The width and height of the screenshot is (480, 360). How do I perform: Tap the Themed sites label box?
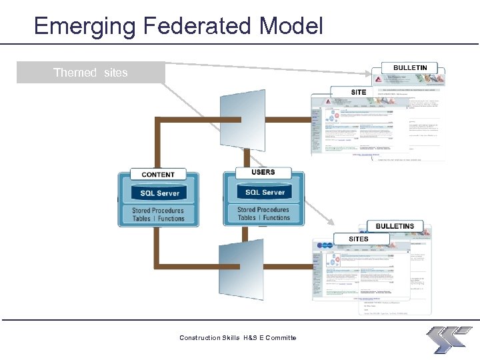(x=91, y=73)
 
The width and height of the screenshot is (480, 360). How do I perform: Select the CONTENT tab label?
(x=158, y=175)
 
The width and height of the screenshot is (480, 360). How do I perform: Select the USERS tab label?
(x=263, y=172)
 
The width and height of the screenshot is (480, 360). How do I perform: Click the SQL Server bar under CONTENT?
(x=159, y=193)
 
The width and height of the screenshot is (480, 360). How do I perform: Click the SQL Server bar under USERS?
(x=264, y=192)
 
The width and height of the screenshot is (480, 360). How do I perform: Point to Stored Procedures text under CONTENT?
(x=158, y=210)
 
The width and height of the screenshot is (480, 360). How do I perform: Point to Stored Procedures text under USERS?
(x=263, y=209)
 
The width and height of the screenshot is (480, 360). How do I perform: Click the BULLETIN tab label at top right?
(x=410, y=68)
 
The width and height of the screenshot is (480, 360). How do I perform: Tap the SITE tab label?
(x=358, y=92)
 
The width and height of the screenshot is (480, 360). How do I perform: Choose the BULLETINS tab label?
(x=395, y=227)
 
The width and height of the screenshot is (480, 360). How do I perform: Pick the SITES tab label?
(x=358, y=239)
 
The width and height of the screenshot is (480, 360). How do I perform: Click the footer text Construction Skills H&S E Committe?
(x=238, y=338)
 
